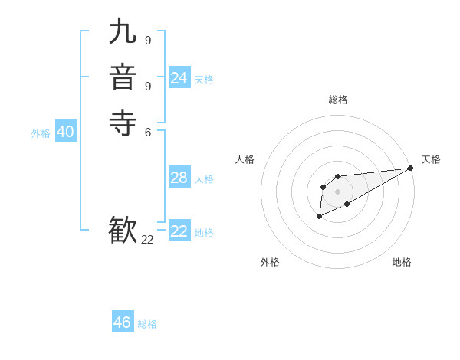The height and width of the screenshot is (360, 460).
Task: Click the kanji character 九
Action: (x=123, y=31)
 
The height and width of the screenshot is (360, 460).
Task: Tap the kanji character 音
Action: (x=123, y=77)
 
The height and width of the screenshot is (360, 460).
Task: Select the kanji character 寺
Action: (x=123, y=123)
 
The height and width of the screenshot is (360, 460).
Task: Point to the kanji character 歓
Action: (x=123, y=230)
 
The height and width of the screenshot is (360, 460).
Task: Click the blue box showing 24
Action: (x=179, y=78)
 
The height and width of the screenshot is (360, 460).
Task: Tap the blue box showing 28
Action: (x=179, y=178)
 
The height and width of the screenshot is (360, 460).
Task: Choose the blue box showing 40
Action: (x=66, y=132)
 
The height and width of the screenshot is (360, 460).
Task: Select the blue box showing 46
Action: (x=123, y=322)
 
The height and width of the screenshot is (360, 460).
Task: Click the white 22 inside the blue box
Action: (x=179, y=231)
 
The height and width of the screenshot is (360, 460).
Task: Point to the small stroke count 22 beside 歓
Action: (x=147, y=240)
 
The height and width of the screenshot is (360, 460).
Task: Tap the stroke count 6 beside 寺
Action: (x=147, y=132)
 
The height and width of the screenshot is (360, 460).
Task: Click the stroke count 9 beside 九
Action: (x=147, y=41)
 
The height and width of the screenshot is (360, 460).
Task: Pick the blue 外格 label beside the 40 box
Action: (x=41, y=133)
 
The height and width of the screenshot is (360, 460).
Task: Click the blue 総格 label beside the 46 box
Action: (x=147, y=324)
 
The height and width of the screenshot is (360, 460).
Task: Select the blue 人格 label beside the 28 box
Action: (x=204, y=179)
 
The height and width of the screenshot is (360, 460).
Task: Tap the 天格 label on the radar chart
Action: (x=431, y=159)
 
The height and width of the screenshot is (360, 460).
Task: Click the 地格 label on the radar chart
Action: (x=402, y=262)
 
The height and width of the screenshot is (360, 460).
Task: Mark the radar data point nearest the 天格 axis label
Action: (x=410, y=168)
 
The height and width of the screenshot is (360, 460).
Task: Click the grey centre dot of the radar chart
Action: (x=337, y=191)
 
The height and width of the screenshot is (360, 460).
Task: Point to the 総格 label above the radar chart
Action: (x=337, y=100)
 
